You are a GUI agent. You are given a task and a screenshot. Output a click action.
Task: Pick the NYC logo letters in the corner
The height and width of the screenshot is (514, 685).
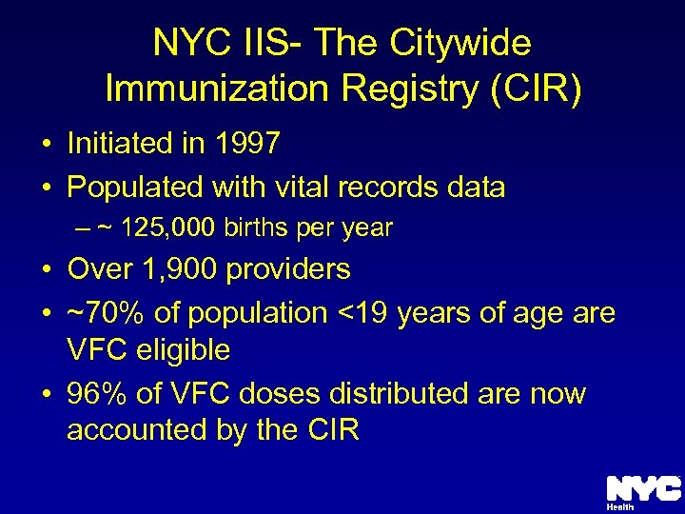click(643, 488)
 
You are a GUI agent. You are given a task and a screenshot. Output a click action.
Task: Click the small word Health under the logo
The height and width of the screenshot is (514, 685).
click(619, 507)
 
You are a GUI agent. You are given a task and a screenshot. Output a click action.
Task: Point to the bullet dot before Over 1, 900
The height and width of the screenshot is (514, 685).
click(46, 270)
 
